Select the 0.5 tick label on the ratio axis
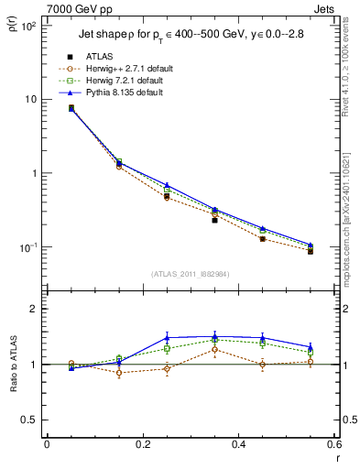[30, 420]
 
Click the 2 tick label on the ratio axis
[36, 310]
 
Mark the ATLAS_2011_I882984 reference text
[190, 274]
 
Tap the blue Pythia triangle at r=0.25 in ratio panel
[167, 337]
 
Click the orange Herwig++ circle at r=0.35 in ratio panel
[214, 349]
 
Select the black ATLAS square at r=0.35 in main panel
[214, 220]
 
